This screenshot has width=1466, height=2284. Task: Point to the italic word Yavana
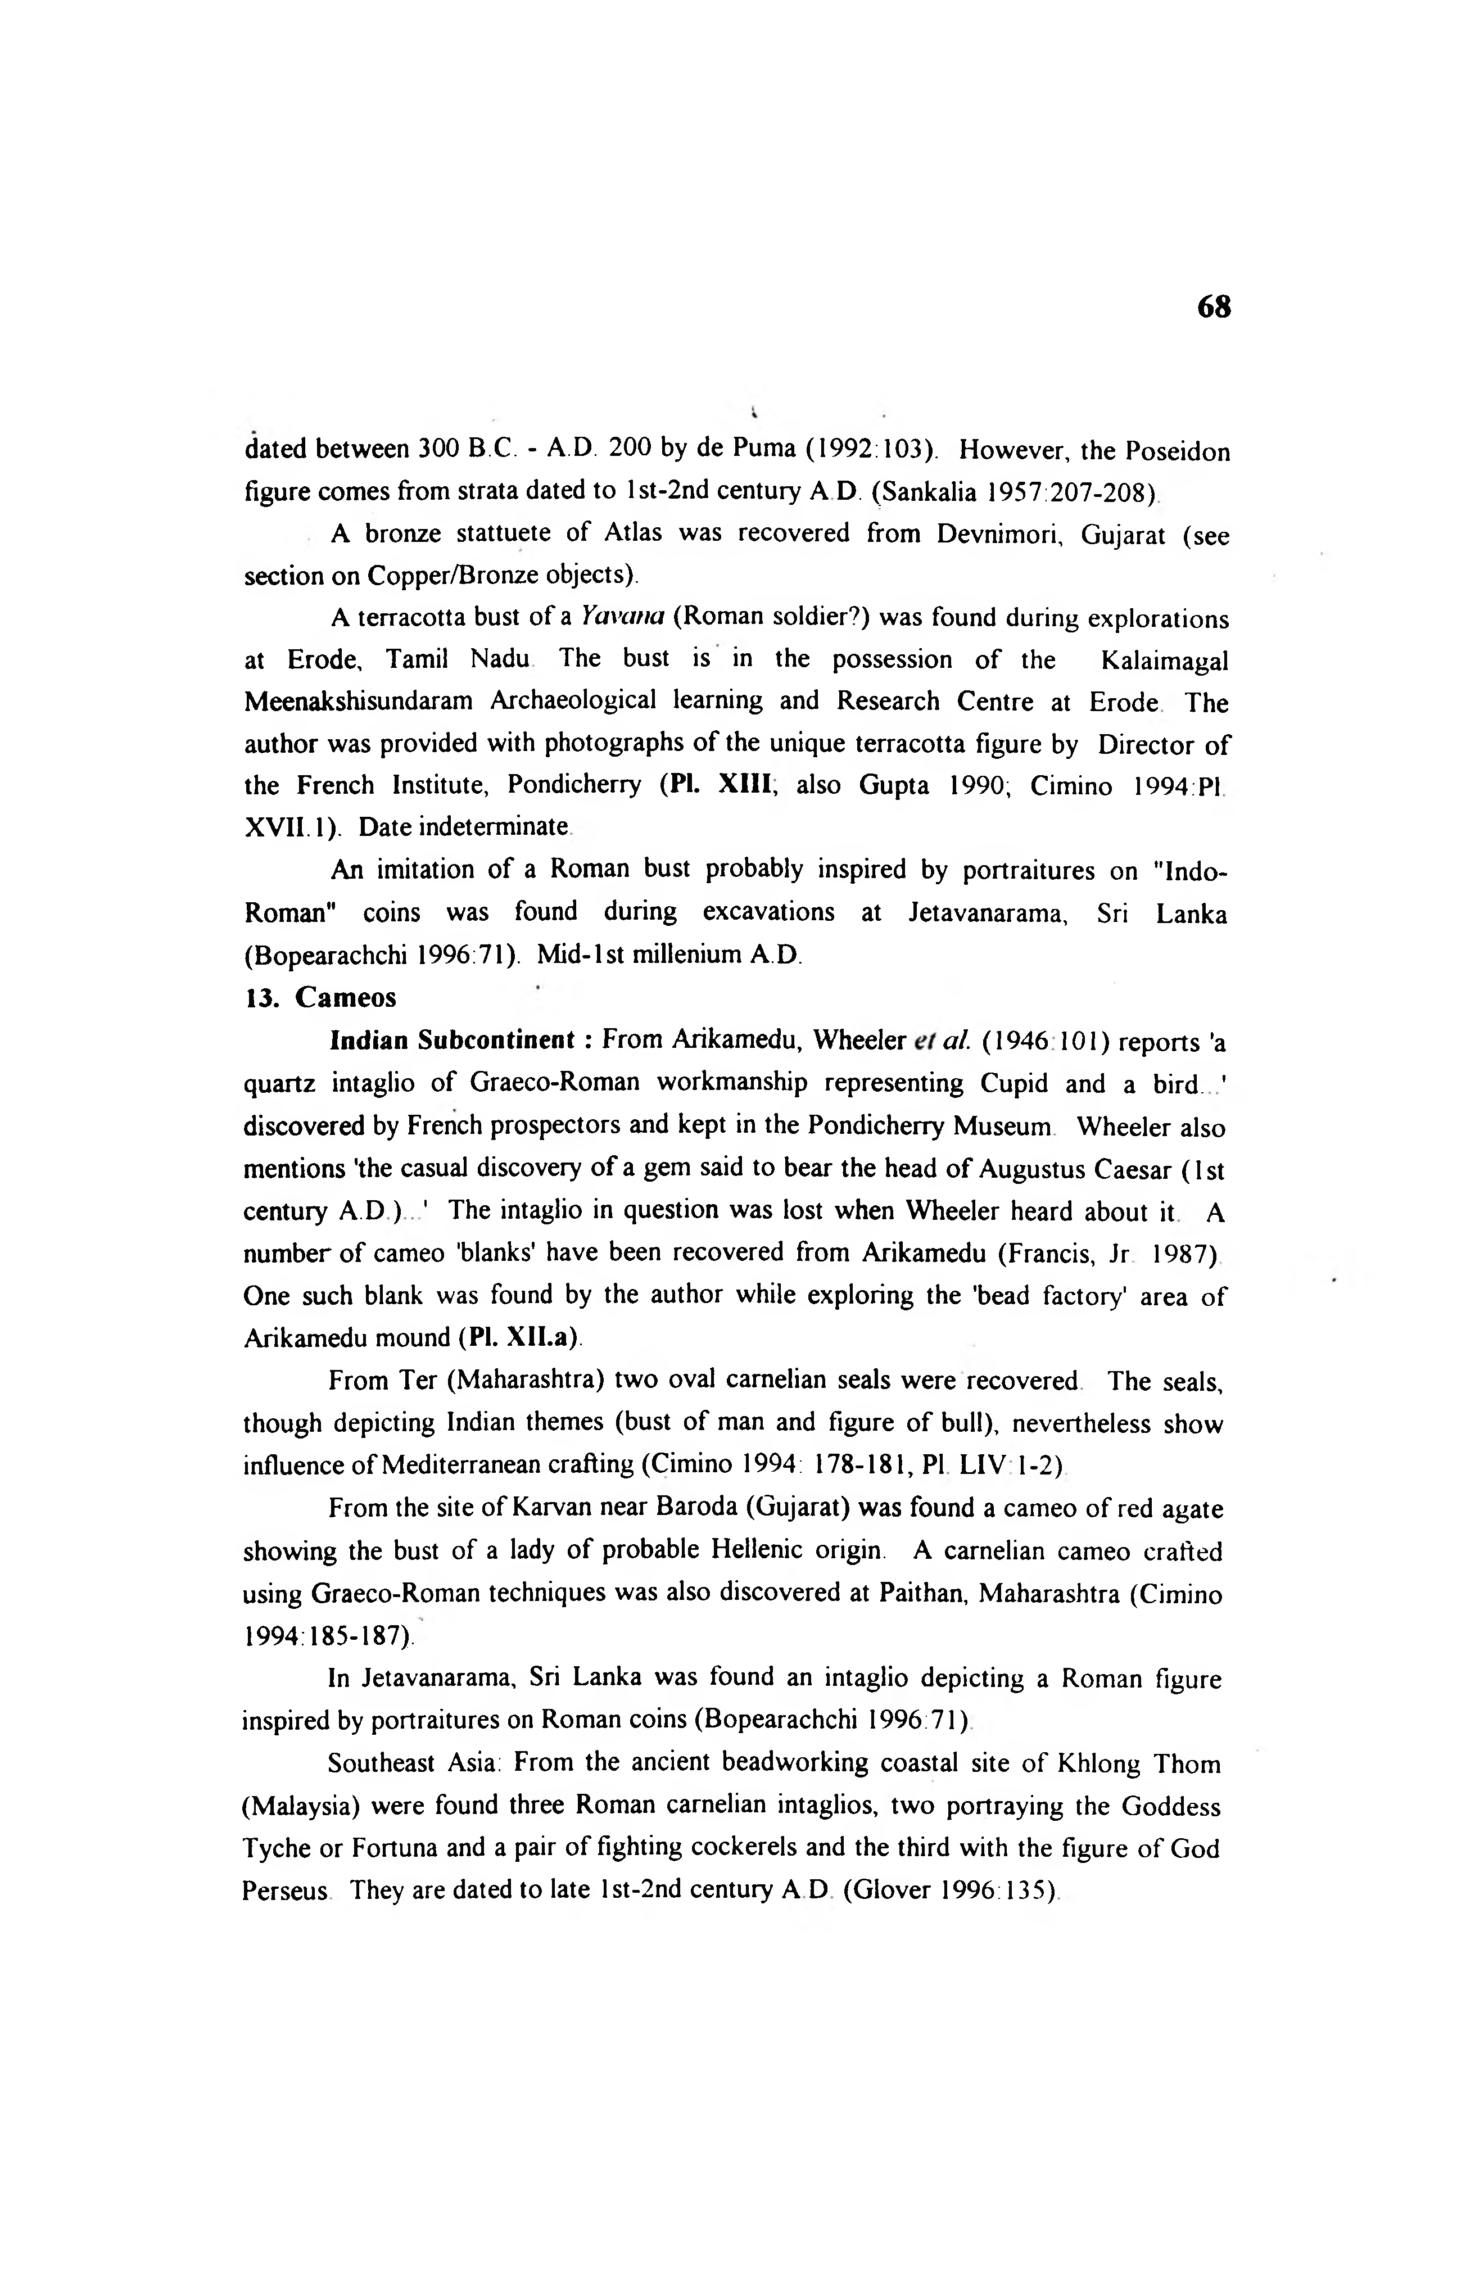point(619,619)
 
